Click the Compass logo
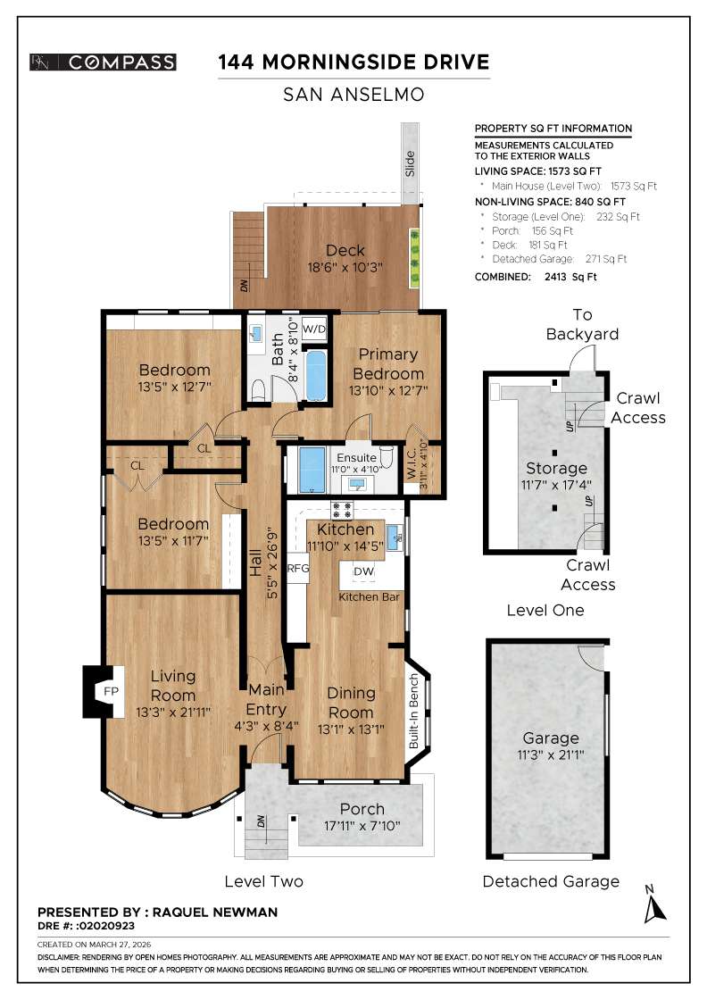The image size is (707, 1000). point(103,62)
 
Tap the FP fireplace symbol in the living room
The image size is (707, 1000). point(111,692)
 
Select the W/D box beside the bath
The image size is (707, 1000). point(314,328)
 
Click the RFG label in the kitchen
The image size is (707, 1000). point(297,568)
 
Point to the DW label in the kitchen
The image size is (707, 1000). point(364,571)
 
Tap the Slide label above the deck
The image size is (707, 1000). point(411,163)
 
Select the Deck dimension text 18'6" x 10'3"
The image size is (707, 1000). point(345,267)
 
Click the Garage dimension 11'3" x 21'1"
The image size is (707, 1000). point(551,755)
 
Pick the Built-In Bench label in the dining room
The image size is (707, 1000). point(414,711)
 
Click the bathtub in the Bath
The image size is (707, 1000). point(316,376)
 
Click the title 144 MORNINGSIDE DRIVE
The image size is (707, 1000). point(353,62)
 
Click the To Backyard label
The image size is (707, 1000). point(582,324)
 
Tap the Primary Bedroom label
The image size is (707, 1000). point(387,364)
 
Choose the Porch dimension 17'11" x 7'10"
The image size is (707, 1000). point(361,827)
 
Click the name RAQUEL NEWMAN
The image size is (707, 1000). point(214,912)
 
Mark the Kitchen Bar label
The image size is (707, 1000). point(370,596)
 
